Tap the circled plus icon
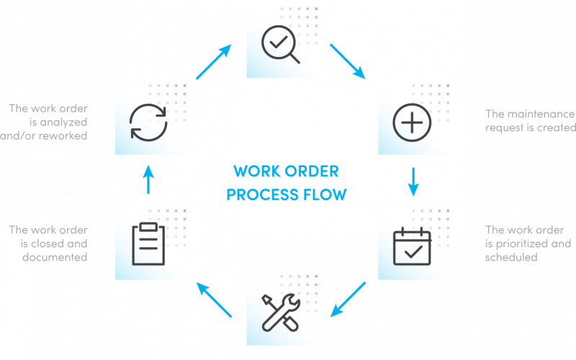(x=411, y=122)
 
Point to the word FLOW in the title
(x=326, y=194)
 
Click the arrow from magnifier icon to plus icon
(x=346, y=60)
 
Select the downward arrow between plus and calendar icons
(x=414, y=182)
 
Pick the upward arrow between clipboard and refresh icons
(x=147, y=179)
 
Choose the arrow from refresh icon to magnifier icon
(x=214, y=61)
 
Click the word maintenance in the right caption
(x=541, y=114)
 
